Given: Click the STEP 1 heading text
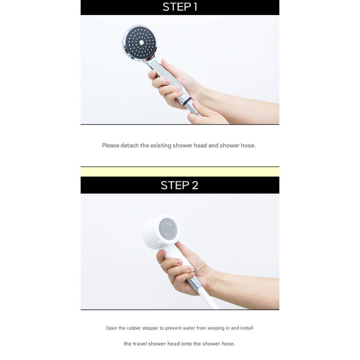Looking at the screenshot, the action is (180, 7).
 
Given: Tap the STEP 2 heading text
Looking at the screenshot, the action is (179, 185).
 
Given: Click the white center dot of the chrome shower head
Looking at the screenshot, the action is (141, 42).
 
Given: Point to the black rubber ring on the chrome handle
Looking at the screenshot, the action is (189, 101).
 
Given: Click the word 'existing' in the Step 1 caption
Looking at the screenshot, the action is (161, 145).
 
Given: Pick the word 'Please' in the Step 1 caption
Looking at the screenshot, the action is (111, 145).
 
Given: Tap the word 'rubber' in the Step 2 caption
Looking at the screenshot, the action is (134, 328).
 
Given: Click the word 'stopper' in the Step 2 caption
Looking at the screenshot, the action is (150, 328).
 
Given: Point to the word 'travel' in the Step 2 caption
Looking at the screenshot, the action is (140, 344).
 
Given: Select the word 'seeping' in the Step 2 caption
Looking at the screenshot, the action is (216, 328).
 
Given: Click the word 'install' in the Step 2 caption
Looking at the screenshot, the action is (247, 328).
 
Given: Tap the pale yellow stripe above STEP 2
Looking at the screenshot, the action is (180, 172).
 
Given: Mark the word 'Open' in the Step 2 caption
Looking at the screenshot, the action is (111, 328).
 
